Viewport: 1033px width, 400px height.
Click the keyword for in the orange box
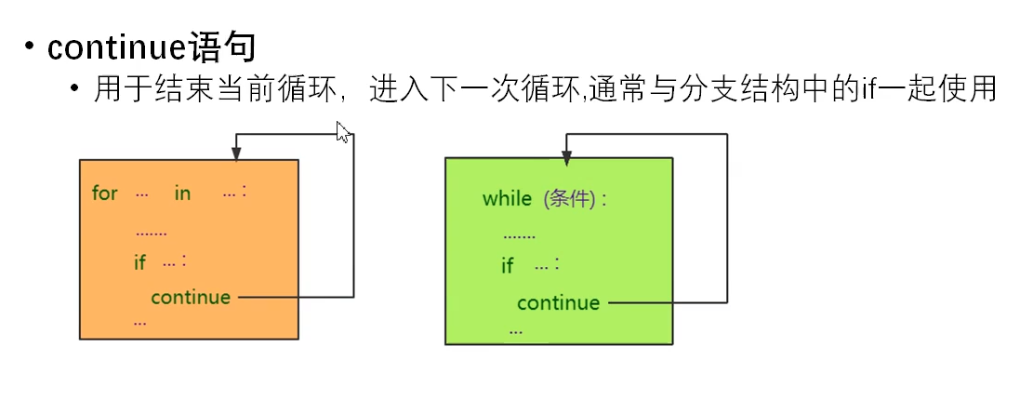click(x=105, y=193)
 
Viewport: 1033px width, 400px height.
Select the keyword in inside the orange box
click(x=182, y=193)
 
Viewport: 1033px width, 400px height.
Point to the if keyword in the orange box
click(x=139, y=262)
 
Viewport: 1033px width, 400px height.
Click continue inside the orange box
click(x=191, y=298)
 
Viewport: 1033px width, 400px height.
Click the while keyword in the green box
click(x=507, y=199)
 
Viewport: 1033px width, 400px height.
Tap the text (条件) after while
click(x=568, y=199)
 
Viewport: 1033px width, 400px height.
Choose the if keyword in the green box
click(x=507, y=266)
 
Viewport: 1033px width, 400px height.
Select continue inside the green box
click(x=559, y=303)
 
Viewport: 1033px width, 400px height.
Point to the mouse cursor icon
click(x=342, y=132)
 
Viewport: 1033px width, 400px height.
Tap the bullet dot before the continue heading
click(x=31, y=46)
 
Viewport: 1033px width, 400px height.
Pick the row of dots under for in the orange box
click(x=151, y=233)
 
